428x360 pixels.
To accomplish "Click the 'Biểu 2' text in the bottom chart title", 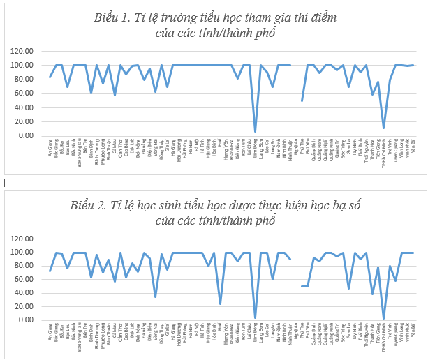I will (x=88, y=205).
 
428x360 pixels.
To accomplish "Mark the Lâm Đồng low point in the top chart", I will (x=255, y=131).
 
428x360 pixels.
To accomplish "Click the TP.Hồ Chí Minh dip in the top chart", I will (x=383, y=128).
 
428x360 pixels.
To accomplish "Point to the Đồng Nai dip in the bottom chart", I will (x=156, y=297).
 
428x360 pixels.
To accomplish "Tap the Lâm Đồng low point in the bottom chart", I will (x=255, y=318).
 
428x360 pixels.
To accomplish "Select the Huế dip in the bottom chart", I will (x=220, y=303).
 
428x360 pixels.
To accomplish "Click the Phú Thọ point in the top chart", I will (x=302, y=100).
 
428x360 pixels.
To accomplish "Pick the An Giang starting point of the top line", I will (x=50, y=77).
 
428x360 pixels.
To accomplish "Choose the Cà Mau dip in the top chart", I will (x=115, y=95).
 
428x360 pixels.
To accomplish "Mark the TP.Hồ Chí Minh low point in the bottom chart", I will (x=383, y=318).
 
